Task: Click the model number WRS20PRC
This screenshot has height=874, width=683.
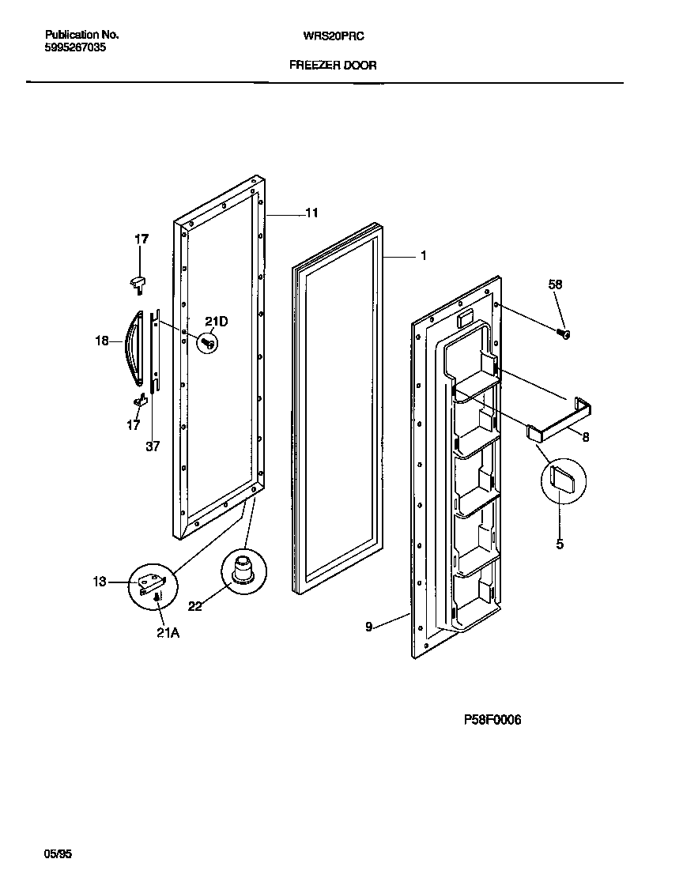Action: (333, 36)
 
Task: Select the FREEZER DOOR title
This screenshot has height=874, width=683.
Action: (333, 66)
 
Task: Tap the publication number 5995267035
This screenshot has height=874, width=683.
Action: (76, 47)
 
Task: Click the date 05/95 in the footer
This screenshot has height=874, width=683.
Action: (58, 854)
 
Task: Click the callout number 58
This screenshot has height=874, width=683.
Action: (556, 284)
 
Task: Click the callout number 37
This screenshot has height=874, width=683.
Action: (153, 446)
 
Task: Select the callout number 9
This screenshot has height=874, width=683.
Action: (368, 627)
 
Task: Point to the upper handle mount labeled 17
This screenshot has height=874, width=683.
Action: (139, 279)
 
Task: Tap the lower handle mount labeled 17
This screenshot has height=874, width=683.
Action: (142, 401)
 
